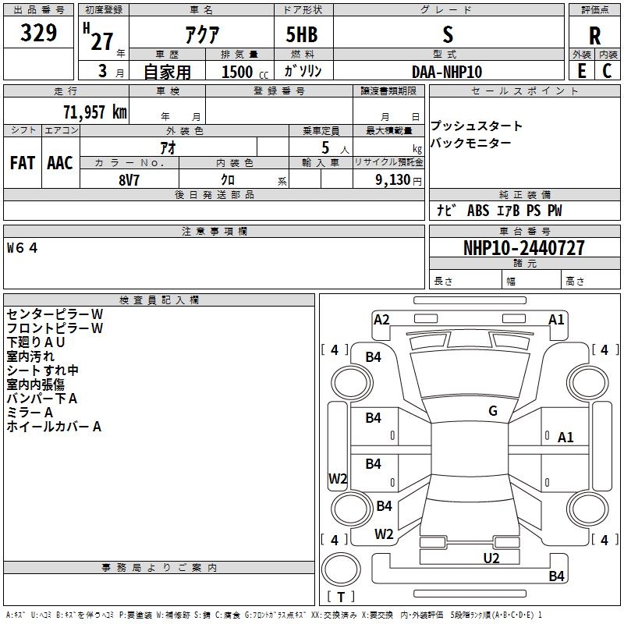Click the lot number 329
click(39, 33)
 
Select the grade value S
click(447, 34)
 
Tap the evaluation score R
click(594, 36)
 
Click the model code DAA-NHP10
click(447, 72)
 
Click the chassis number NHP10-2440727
click(523, 248)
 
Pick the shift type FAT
click(23, 163)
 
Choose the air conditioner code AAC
click(60, 163)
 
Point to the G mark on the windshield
click(493, 411)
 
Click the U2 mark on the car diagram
click(491, 558)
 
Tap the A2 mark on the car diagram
click(381, 319)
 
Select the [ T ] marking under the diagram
click(341, 597)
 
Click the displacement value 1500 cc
click(243, 72)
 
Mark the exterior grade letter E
click(581, 71)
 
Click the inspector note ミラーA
click(30, 413)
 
